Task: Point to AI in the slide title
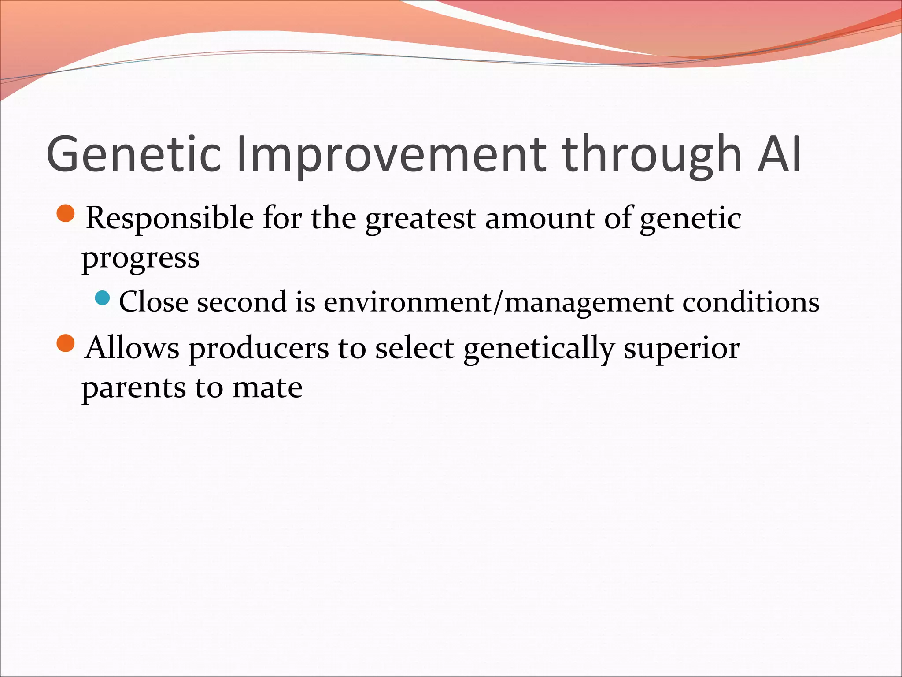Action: pos(779,154)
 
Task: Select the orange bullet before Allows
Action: pos(67,343)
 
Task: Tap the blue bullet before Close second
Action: pos(102,298)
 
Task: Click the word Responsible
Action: pos(170,218)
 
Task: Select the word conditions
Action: pos(750,302)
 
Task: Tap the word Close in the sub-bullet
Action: pos(154,302)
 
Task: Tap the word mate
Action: pos(267,388)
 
